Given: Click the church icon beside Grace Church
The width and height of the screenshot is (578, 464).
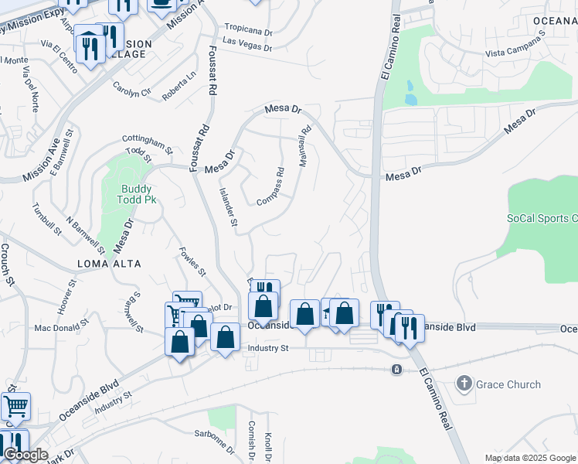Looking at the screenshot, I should (x=464, y=383).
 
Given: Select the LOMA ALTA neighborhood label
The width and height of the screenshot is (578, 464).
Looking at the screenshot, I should (x=109, y=264).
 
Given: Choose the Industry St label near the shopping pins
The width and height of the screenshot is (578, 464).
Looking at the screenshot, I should (x=267, y=349).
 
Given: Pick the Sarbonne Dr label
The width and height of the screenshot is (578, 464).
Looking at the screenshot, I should (x=215, y=441).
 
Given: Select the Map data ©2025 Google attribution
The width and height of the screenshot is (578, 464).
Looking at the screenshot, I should (x=530, y=458).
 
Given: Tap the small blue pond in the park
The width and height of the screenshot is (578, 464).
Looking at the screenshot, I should (x=410, y=99).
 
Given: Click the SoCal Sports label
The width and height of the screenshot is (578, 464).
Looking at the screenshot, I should (x=542, y=219).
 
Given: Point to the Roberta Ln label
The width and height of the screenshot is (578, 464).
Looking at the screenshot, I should (x=179, y=87).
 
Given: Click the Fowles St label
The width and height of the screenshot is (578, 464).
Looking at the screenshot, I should (x=192, y=261).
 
